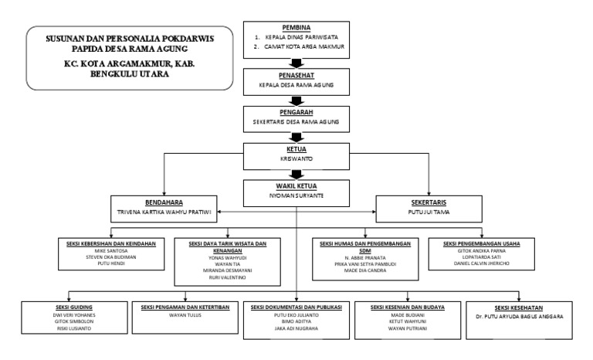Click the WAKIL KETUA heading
coord(297,186)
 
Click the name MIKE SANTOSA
coord(111,253)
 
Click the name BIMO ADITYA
coord(297,324)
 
